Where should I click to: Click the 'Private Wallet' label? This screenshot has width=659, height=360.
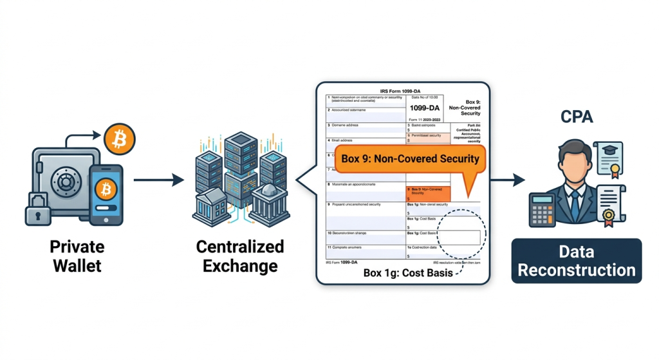click(x=77, y=256)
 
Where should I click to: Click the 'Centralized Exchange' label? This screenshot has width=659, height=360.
click(x=240, y=256)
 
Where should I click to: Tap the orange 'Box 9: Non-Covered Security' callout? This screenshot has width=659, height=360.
click(x=409, y=159)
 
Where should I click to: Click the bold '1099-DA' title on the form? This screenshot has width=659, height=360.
click(x=424, y=108)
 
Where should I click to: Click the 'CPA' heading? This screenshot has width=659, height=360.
click(x=576, y=118)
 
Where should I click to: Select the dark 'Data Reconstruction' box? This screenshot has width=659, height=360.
click(x=576, y=261)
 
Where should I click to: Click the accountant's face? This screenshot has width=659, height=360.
click(x=572, y=164)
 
